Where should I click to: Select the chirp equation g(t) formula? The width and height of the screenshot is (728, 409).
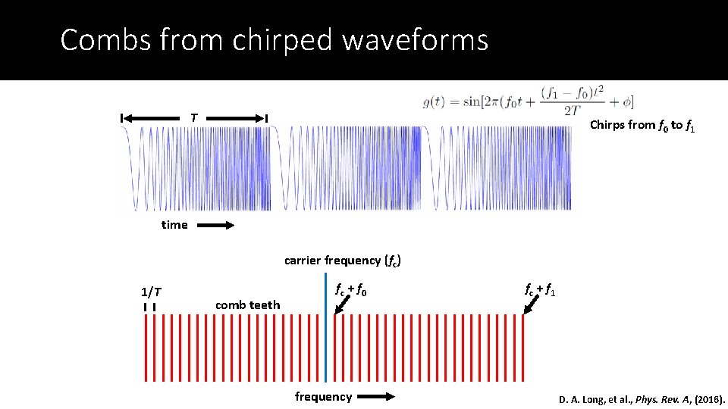pyautogui.click(x=529, y=102)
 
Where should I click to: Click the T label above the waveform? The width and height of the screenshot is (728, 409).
pyautogui.click(x=194, y=118)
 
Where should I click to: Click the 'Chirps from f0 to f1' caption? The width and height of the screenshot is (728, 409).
pyautogui.click(x=641, y=125)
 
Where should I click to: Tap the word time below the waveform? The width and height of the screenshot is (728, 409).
pyautogui.click(x=174, y=225)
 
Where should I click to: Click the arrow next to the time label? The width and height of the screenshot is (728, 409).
pyautogui.click(x=215, y=225)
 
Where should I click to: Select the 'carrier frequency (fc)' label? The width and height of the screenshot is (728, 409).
pyautogui.click(x=342, y=261)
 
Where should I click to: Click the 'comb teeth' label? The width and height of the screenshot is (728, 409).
pyautogui.click(x=247, y=305)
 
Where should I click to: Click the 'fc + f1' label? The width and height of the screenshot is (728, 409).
pyautogui.click(x=540, y=289)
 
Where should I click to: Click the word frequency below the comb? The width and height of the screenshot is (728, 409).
pyautogui.click(x=323, y=397)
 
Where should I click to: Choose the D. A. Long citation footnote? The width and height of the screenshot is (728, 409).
pyautogui.click(x=642, y=398)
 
